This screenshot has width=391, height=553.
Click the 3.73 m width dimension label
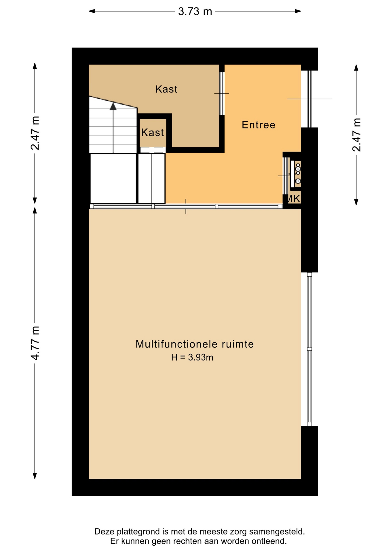(195, 12)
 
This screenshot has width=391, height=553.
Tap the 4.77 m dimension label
(35, 343)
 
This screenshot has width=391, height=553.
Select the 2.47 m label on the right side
(356, 135)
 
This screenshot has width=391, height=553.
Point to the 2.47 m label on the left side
(35, 133)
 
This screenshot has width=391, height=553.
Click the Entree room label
(259, 125)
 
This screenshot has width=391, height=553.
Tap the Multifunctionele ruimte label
(195, 344)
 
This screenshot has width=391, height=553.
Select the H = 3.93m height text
(192, 357)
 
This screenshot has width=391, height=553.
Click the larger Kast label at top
(166, 89)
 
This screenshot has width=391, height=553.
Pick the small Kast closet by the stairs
(153, 132)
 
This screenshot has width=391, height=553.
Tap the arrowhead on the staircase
(113, 106)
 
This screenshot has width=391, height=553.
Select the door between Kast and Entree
(222, 94)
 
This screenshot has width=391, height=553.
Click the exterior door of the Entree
(309, 99)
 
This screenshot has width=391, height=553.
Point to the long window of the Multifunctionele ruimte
(310, 349)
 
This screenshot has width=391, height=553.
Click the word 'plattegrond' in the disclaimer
(139, 532)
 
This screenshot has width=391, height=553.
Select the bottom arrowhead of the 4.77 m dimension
(35, 476)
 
